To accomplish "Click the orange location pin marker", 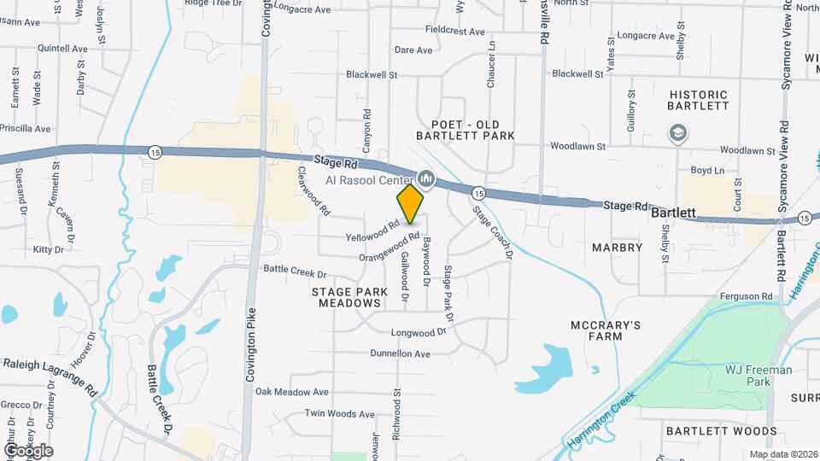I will click(x=410, y=203).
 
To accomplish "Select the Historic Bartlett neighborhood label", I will click(x=699, y=100).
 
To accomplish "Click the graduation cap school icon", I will click(x=677, y=133).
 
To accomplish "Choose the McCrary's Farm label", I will click(x=606, y=331).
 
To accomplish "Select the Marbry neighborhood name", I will click(x=617, y=248).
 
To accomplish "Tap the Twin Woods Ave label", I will click(x=340, y=414).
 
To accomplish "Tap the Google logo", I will click(x=28, y=450).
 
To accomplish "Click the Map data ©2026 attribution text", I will click(x=782, y=454).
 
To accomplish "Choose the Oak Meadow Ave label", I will click(x=291, y=392).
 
